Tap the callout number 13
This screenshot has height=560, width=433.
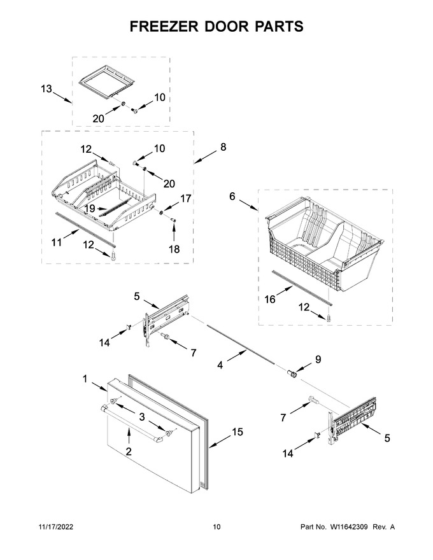[46, 88]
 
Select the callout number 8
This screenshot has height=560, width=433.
[224, 147]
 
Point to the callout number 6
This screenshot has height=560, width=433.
[232, 197]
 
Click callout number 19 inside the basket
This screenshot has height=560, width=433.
[90, 208]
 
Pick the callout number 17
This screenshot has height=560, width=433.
[186, 199]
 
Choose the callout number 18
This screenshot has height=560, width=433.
[174, 249]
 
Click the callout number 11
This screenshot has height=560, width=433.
[57, 242]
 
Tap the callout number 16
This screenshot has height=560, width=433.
[270, 299]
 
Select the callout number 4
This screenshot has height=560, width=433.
[220, 365]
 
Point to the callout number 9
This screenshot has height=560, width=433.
[318, 360]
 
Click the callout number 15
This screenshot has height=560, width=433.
[238, 432]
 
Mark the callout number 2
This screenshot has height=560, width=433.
[129, 451]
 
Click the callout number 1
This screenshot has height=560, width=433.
[85, 379]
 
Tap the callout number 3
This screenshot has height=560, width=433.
[142, 417]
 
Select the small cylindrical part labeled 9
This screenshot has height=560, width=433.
[293, 374]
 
